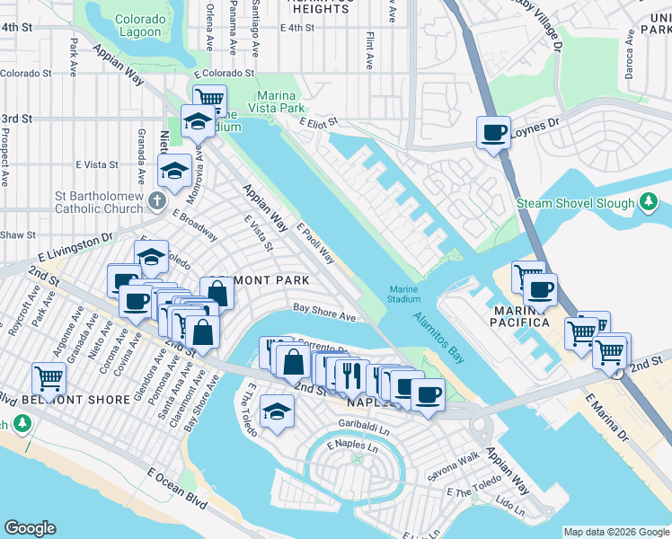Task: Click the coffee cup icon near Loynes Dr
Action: (493, 134)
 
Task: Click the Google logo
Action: (30, 528)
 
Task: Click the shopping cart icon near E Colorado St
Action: (208, 99)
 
